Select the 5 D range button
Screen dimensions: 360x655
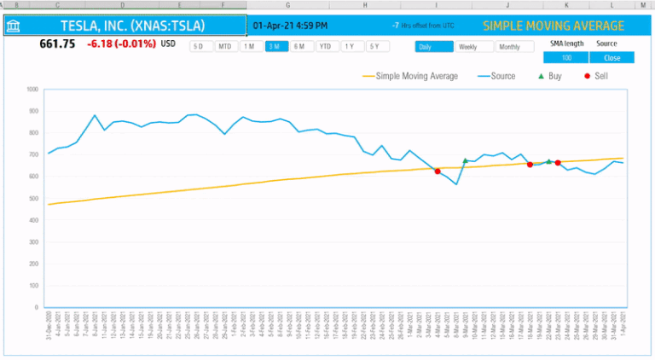pos(200,46)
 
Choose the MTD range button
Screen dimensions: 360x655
pos(225,46)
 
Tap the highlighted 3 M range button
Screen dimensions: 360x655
pos(276,46)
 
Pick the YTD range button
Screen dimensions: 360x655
pos(327,46)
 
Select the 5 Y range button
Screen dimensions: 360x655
pos(375,46)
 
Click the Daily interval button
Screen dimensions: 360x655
pos(434,47)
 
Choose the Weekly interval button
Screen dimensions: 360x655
pos(473,47)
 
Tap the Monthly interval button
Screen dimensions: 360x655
pos(510,47)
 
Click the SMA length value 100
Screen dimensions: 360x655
pos(566,58)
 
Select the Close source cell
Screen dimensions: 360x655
pos(612,58)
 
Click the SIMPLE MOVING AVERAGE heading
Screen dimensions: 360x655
pos(554,26)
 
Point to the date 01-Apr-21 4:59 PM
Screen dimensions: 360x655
pos(290,26)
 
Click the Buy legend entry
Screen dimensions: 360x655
pos(549,76)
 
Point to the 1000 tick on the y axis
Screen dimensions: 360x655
pos(32,89)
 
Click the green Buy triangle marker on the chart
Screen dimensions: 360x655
pos(465,160)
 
